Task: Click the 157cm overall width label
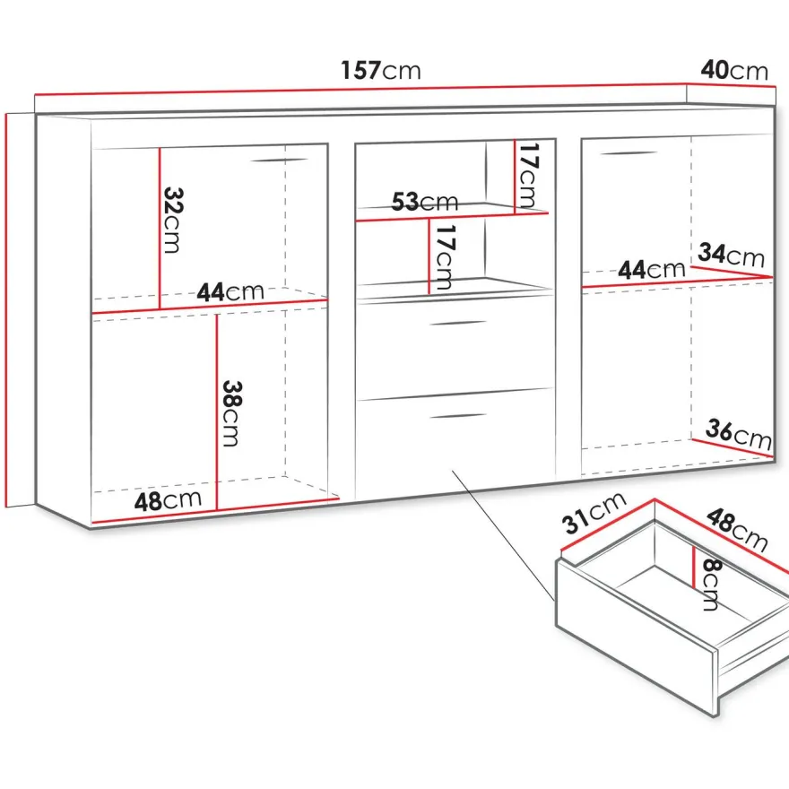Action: click(x=381, y=71)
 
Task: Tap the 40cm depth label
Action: click(x=734, y=71)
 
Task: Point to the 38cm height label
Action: click(x=232, y=413)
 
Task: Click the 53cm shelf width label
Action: click(x=425, y=202)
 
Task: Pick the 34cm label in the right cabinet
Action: click(x=731, y=255)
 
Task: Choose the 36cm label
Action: click(x=739, y=434)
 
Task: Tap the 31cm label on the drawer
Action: click(x=594, y=512)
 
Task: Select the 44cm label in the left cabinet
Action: click(x=230, y=292)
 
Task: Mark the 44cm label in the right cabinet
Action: click(x=652, y=270)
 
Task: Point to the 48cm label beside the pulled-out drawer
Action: click(x=737, y=530)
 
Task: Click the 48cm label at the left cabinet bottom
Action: click(x=168, y=500)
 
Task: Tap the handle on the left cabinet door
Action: click(x=279, y=160)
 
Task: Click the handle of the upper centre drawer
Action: click(x=458, y=323)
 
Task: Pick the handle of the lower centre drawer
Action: click(x=458, y=416)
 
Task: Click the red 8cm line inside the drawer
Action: click(x=693, y=567)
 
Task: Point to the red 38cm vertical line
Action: click(x=217, y=412)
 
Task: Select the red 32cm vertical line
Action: click(x=160, y=229)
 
